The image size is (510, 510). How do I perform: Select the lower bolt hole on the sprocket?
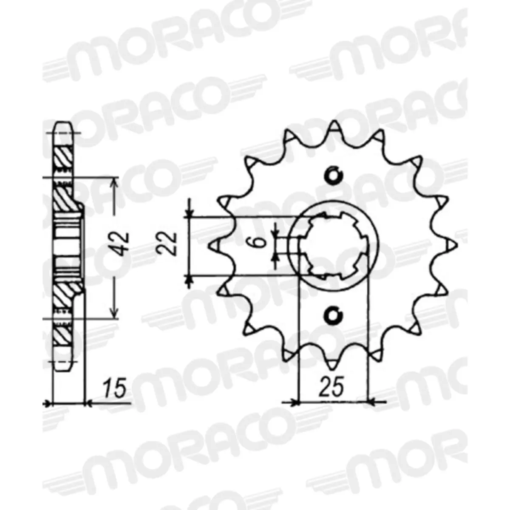point(333,314)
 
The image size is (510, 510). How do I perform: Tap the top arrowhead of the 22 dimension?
point(190,212)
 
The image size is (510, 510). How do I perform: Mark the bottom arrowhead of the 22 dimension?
point(190,280)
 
